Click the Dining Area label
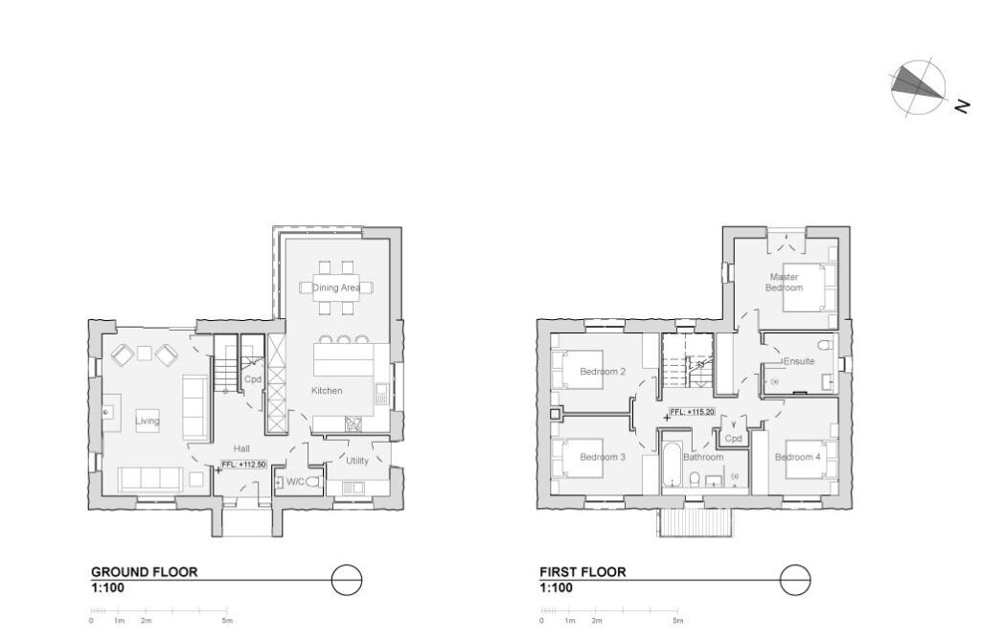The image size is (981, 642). pyautogui.click(x=336, y=287)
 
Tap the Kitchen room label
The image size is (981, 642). pyautogui.click(x=327, y=391)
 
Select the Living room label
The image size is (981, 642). pyautogui.click(x=147, y=421)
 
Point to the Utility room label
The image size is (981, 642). pyautogui.click(x=357, y=461)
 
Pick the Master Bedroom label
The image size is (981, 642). pyautogui.click(x=783, y=283)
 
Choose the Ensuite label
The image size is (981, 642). pyautogui.click(x=799, y=362)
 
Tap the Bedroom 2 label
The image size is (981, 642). pyautogui.click(x=603, y=372)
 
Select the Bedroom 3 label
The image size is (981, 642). pyautogui.click(x=603, y=457)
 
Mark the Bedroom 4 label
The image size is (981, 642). pyautogui.click(x=797, y=457)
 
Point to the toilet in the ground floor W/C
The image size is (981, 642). pyautogui.click(x=312, y=482)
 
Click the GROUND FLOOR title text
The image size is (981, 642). pyautogui.click(x=144, y=572)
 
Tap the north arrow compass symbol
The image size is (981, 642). pyautogui.click(x=917, y=88)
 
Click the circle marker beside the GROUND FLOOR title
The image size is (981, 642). pyautogui.click(x=347, y=580)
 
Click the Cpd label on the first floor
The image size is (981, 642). pyautogui.click(x=733, y=438)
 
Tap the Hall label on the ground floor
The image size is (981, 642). pyautogui.click(x=241, y=447)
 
